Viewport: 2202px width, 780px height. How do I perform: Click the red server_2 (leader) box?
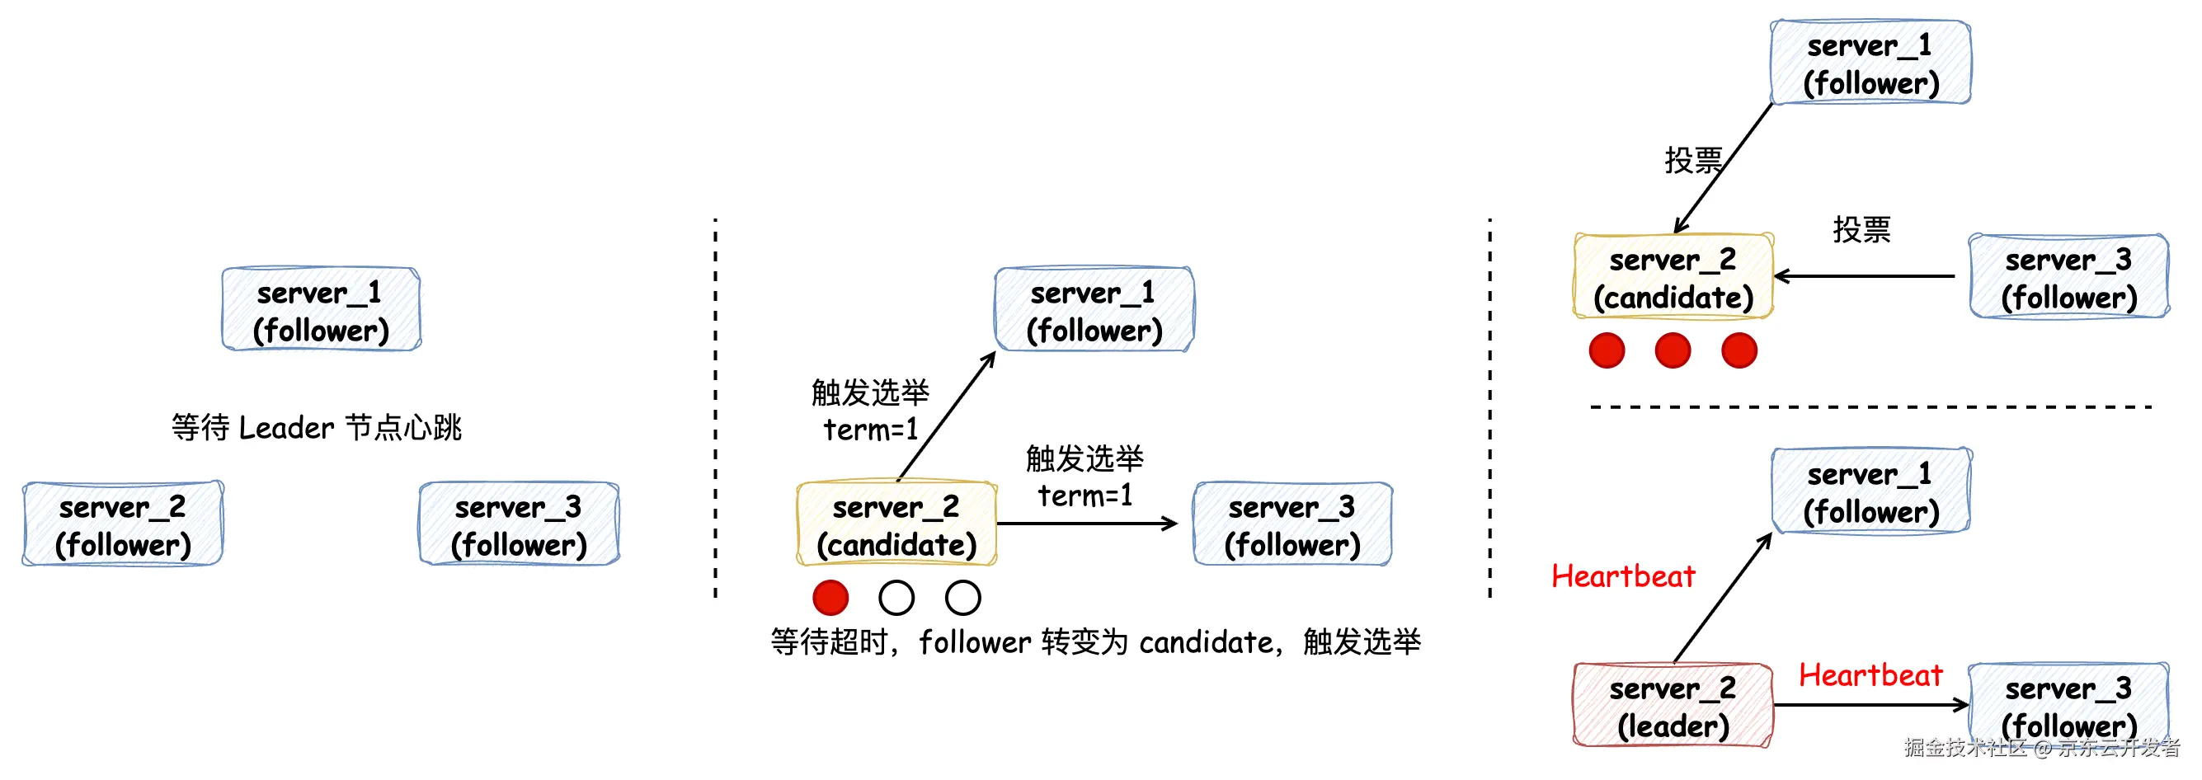tap(1672, 706)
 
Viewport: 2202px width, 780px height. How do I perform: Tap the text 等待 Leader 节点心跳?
tap(317, 427)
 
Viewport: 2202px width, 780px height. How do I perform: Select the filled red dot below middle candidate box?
tap(830, 597)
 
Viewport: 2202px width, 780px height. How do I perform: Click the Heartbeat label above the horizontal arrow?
tap(1870, 675)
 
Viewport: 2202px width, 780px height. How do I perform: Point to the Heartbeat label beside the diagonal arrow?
tap(1622, 576)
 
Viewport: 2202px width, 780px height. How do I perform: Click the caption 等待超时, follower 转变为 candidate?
tap(1095, 641)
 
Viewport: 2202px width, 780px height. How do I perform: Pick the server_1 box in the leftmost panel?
tap(321, 310)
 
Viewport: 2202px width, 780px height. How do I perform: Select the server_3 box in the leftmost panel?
tap(519, 524)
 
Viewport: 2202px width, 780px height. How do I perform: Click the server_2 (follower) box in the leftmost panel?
tap(123, 524)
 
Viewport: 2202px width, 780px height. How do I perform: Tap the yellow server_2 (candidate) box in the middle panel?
tap(896, 524)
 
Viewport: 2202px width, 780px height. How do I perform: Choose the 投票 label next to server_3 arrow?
tap(1861, 229)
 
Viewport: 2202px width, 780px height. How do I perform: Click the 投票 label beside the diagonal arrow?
tap(1692, 160)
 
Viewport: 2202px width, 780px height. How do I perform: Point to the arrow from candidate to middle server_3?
tap(1085, 524)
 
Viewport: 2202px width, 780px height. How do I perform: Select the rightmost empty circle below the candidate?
tap(962, 597)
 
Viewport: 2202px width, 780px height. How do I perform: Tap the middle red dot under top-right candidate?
tap(1672, 350)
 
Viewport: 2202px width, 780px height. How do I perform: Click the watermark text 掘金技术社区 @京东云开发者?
tap(2041, 748)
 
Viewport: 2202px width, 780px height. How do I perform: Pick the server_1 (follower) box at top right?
tap(1870, 63)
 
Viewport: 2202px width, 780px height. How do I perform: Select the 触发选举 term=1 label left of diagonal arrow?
tap(869, 410)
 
